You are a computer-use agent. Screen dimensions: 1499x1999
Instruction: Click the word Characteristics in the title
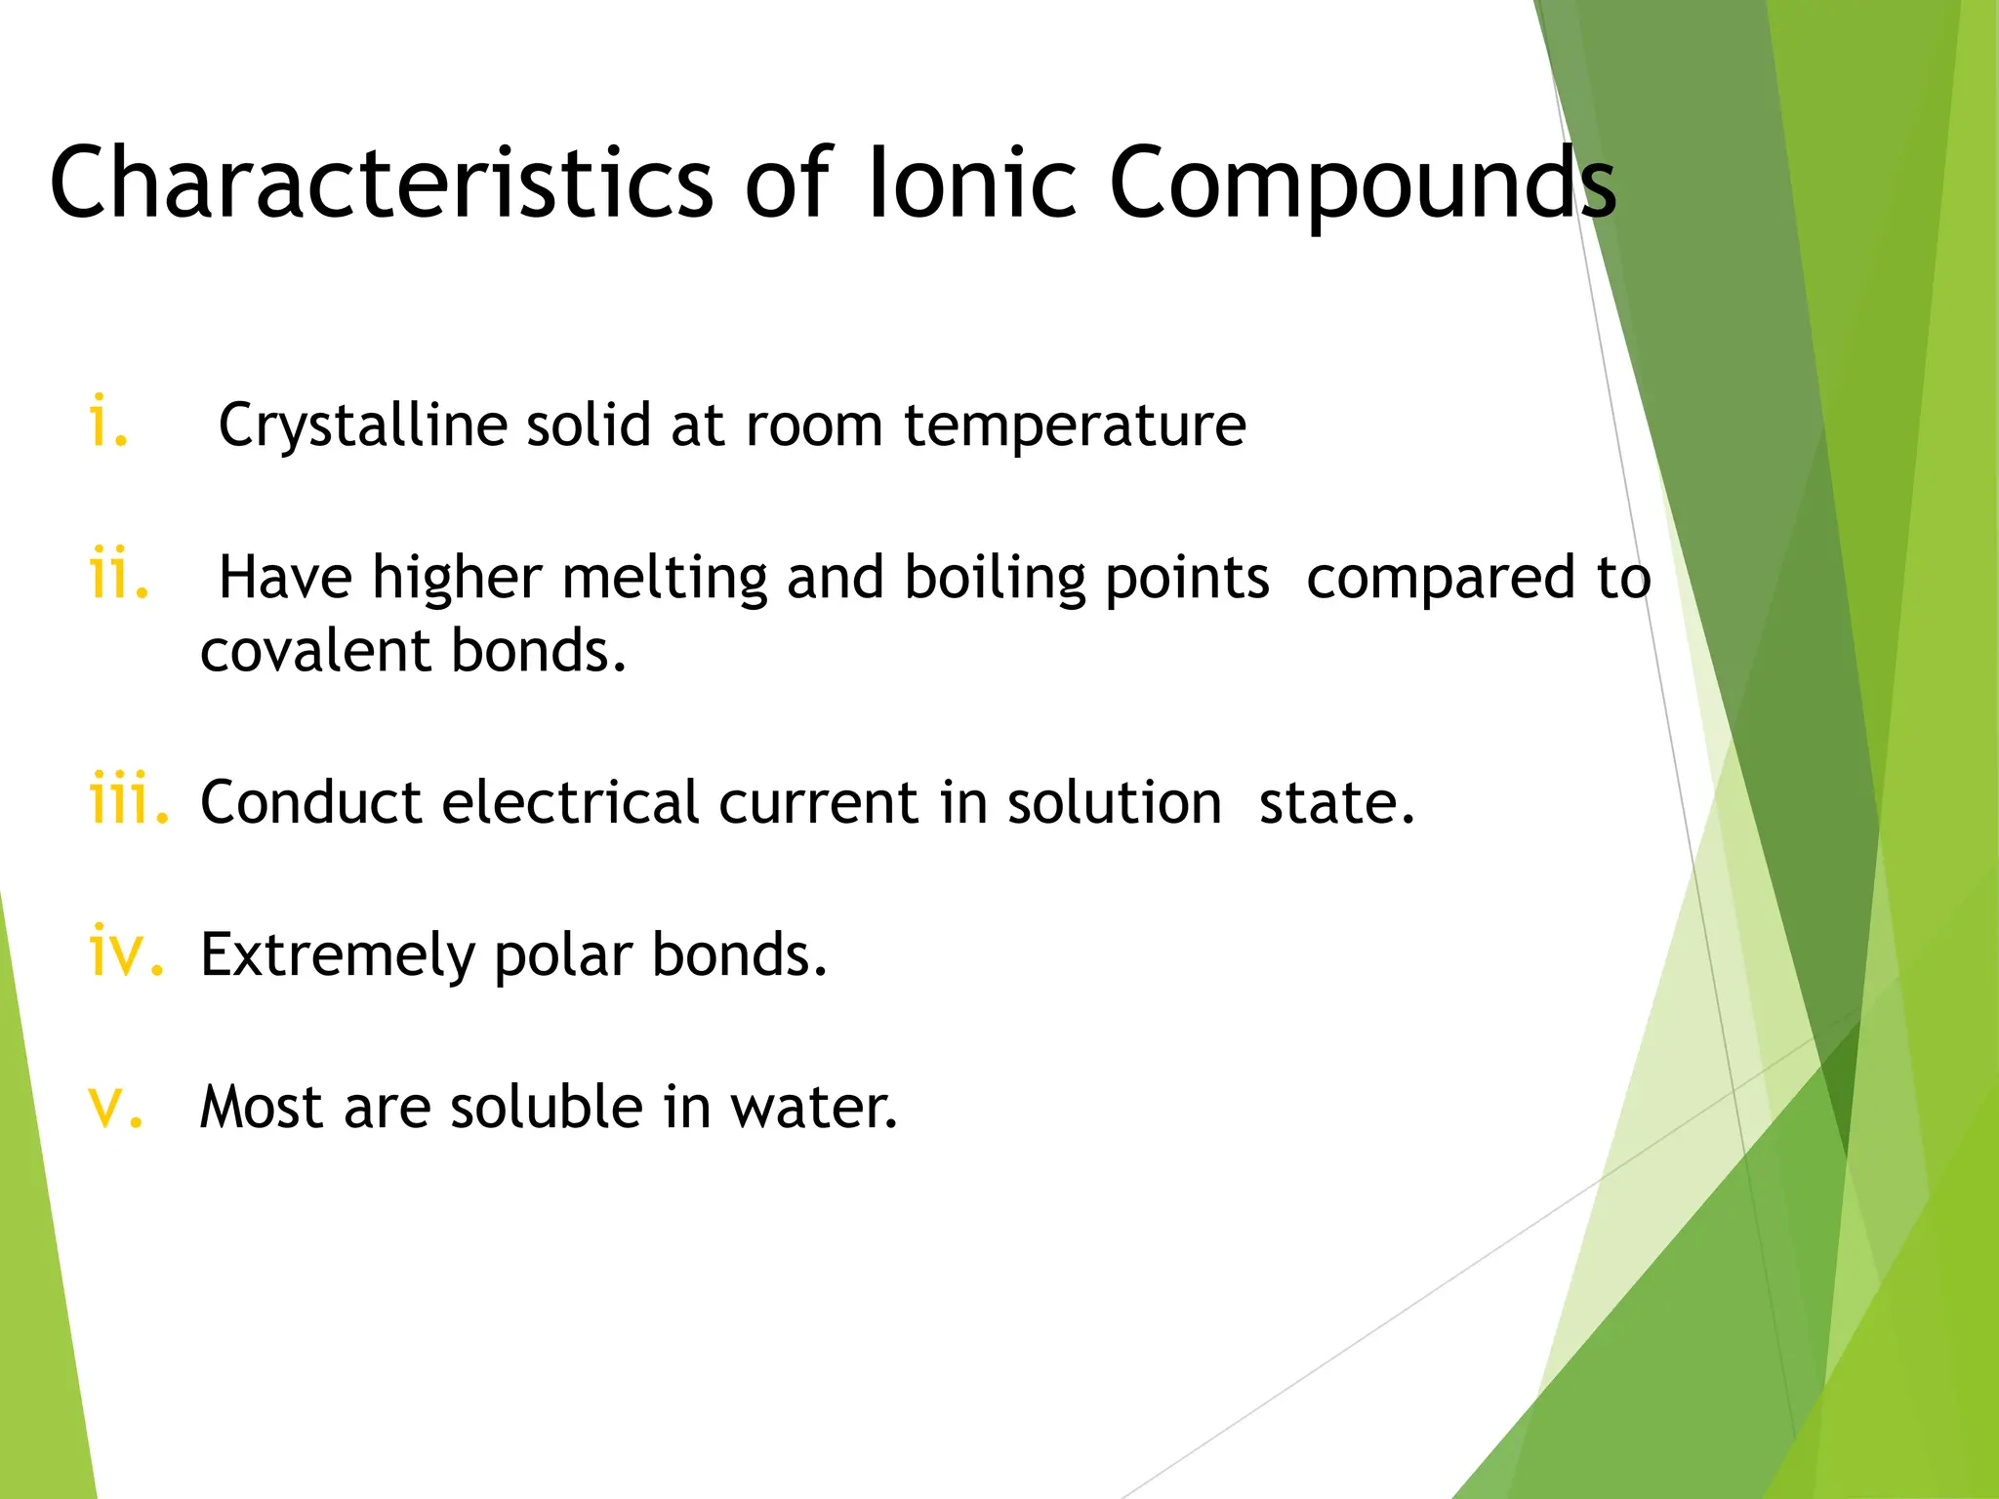382,182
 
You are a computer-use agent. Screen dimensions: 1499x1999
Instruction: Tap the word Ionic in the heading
971,182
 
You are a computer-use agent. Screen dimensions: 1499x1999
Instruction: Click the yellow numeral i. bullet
107,423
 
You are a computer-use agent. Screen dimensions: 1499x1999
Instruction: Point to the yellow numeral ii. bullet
119,575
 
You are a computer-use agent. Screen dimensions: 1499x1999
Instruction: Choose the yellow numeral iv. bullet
126,952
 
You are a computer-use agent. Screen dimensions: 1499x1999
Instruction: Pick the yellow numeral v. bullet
116,1107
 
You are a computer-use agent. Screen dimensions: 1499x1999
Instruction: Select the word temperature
1075,426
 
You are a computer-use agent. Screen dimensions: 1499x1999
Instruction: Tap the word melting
665,579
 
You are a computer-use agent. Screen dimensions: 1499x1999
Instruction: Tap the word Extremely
337,955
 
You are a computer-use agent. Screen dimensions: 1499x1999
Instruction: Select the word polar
563,955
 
